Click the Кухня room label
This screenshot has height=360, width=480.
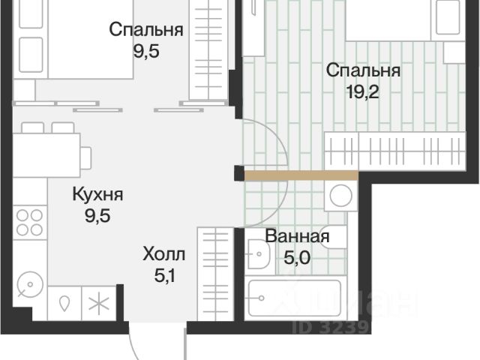97,194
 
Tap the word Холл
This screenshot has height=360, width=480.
163,254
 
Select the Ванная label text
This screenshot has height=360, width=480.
297,236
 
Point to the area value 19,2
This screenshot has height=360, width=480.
363,91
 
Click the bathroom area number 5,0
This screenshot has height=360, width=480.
297,258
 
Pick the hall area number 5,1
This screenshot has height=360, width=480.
164,276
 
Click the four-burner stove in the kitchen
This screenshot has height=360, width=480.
30,223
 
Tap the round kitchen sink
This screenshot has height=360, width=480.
30,285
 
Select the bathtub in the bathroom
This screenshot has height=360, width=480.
295,298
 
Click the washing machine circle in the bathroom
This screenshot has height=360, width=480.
340,196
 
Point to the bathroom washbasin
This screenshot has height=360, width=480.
259,253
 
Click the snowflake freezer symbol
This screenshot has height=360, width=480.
98,303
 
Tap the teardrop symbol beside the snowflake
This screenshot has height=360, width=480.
64,304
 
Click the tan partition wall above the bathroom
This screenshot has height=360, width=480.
301,175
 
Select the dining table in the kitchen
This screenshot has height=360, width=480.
46,155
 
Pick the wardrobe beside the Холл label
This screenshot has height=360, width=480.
216,274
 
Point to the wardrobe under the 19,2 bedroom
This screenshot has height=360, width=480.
395,151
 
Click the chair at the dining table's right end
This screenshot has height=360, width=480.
86,157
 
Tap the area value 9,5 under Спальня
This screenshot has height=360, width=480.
146,51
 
